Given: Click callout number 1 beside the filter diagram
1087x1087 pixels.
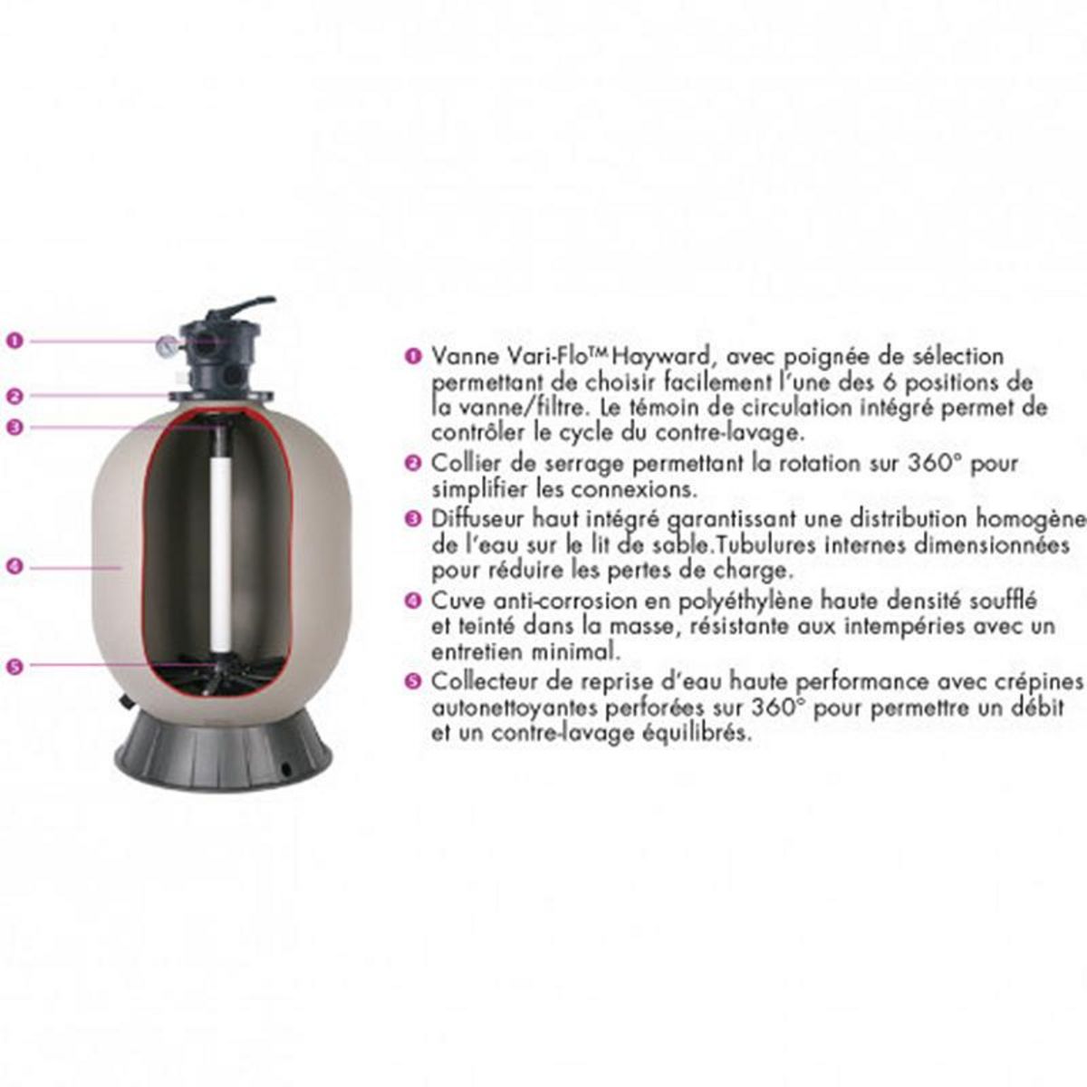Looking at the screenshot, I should (13, 341).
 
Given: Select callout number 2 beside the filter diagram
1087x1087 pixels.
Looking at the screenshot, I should (13, 395).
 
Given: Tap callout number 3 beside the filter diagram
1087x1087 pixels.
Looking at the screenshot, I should (13, 428).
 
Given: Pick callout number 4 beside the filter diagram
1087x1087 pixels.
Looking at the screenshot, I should (13, 567).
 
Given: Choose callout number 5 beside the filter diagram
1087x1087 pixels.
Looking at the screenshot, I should (13, 666).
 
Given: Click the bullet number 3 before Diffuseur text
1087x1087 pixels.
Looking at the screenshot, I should (413, 519).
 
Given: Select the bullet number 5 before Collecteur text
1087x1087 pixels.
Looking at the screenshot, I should (413, 681).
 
